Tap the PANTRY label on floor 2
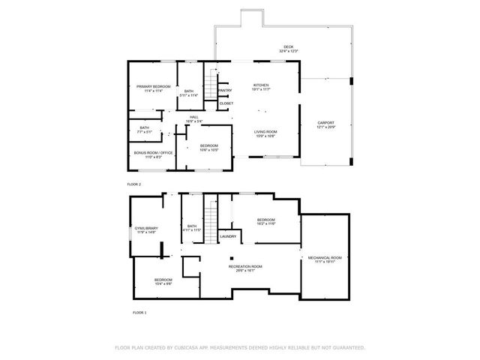[x=224, y=91]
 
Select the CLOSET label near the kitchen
[x=226, y=103]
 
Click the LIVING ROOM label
[x=265, y=133]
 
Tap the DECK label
[x=289, y=48]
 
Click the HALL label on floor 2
[x=193, y=118]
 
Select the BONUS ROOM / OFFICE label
[x=153, y=154]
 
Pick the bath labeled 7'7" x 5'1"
[x=144, y=129]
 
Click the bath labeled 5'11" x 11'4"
[x=189, y=93]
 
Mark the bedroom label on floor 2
[x=208, y=147]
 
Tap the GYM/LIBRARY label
[x=145, y=229]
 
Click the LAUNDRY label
[x=228, y=237]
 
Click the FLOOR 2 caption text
[x=133, y=184]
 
